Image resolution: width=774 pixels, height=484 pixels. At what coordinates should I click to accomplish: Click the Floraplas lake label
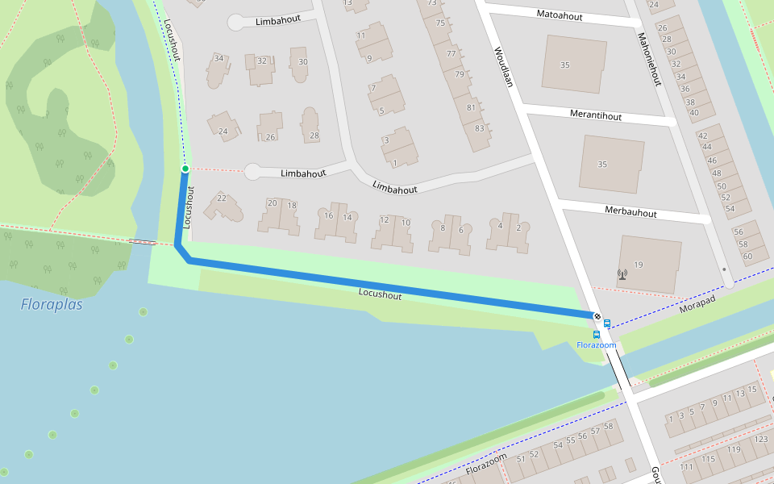[52, 305]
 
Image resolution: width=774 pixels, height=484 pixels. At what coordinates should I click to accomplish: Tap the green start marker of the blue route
[185, 169]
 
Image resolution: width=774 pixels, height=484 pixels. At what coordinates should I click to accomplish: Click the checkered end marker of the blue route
[597, 316]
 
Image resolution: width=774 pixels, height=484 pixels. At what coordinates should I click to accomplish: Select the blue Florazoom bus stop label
[596, 345]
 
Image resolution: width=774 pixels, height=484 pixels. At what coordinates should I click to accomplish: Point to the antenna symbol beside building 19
[622, 274]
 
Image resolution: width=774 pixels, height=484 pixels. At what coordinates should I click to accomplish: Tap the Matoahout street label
[560, 15]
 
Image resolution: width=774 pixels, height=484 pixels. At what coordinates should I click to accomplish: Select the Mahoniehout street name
[649, 59]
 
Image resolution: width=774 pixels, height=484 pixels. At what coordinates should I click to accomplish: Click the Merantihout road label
[596, 116]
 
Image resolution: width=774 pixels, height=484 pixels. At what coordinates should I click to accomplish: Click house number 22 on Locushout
[222, 198]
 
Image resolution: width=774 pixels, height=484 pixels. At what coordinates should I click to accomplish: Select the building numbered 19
[639, 265]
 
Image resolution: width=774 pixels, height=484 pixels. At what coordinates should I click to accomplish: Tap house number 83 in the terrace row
[480, 128]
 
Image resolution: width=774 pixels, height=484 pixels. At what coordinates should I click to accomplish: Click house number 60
[747, 257]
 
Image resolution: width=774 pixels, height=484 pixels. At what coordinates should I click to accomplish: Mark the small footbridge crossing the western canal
[144, 241]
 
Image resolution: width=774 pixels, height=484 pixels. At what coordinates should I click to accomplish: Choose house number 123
[760, 440]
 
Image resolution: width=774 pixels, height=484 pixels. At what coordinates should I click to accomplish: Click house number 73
[432, 3]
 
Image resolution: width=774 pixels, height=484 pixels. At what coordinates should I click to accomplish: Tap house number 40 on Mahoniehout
[693, 112]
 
